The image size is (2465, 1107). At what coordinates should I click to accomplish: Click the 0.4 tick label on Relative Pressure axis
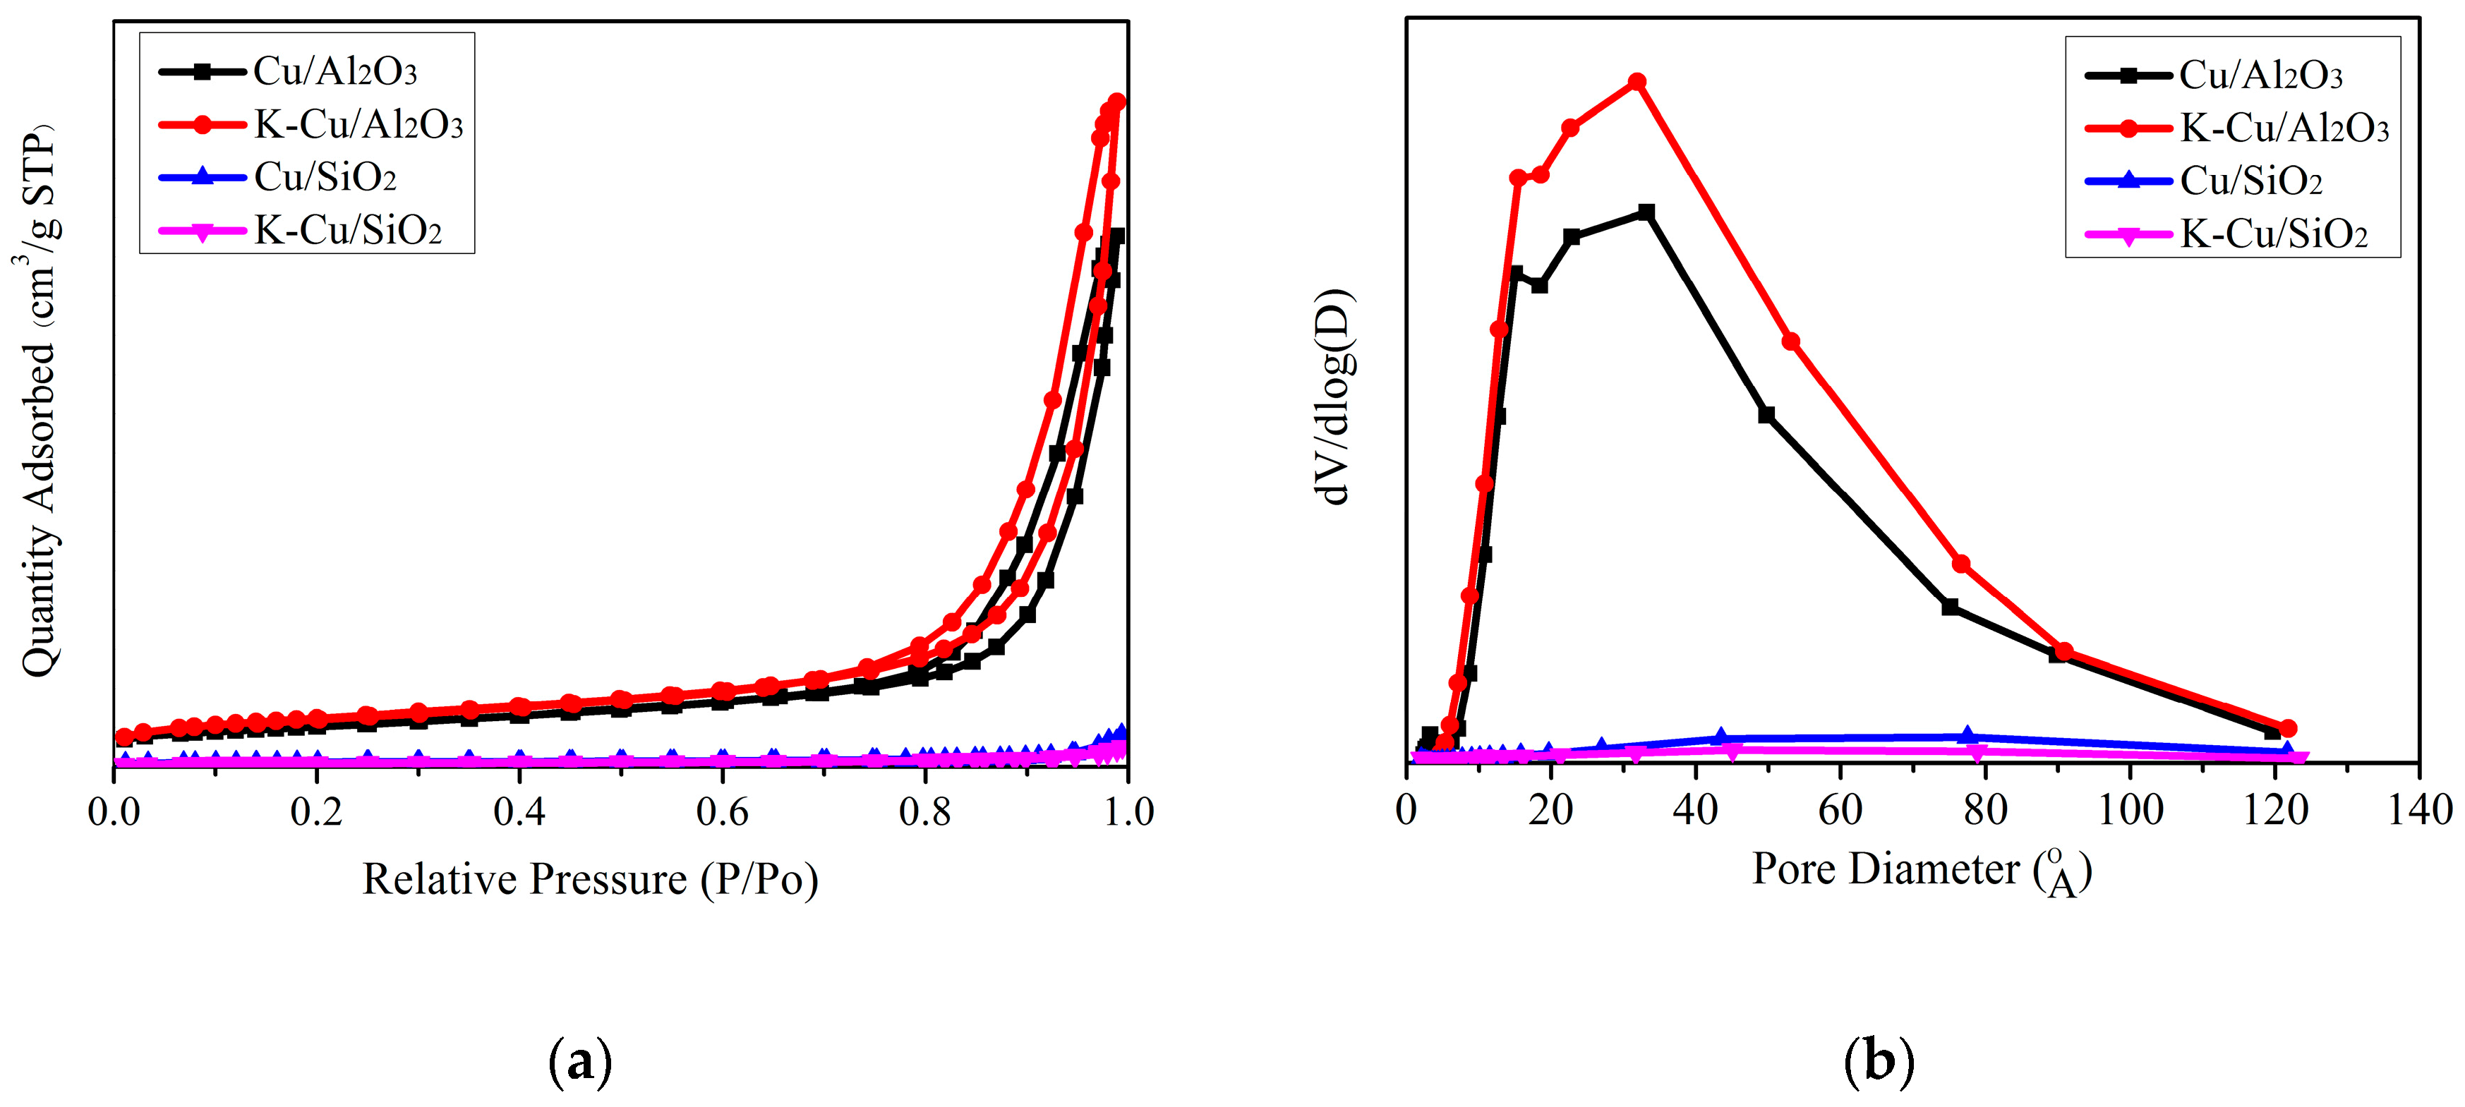click(519, 812)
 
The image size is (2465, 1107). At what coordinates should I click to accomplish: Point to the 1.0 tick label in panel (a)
click(1128, 812)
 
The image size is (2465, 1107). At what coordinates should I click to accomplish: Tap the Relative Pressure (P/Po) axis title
click(589, 878)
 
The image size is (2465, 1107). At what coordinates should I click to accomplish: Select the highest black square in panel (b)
click(1646, 212)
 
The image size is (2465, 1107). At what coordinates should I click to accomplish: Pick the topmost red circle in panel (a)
click(1116, 102)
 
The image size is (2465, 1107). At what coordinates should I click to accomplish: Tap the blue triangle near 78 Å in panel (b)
click(1967, 734)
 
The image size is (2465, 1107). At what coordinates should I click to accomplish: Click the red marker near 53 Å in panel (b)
click(1790, 341)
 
